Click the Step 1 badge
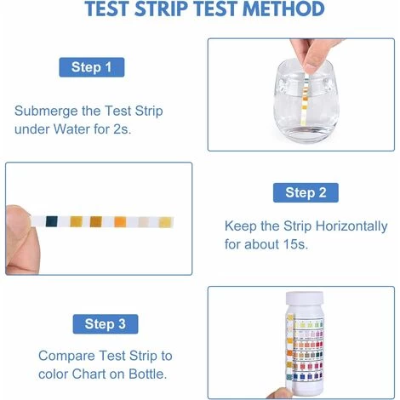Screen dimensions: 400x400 tap(90, 67)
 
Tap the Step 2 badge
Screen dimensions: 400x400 tap(305, 192)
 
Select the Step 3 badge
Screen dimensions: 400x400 tap(105, 323)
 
